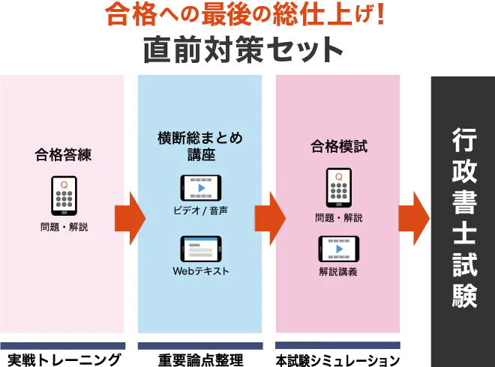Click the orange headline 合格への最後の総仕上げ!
tap(245, 15)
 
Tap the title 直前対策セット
tap(244, 50)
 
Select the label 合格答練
tap(63, 155)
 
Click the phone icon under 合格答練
tap(64, 195)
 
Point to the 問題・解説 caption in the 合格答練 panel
tap(64, 227)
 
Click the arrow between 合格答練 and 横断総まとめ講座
tap(130, 218)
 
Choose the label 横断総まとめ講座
tap(200, 146)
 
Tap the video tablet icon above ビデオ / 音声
tap(201, 188)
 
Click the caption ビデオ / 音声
tap(200, 210)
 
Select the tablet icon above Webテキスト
tap(201, 249)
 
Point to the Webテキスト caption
tap(201, 271)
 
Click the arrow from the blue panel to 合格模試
tap(270, 218)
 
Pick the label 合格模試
tap(339, 147)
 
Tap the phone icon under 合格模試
tap(339, 187)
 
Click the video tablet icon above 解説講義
tap(339, 249)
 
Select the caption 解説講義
tap(338, 271)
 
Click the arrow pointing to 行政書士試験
tap(414, 218)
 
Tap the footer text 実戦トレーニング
tap(64, 360)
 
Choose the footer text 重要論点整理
tap(200, 360)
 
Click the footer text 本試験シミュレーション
tap(337, 360)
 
